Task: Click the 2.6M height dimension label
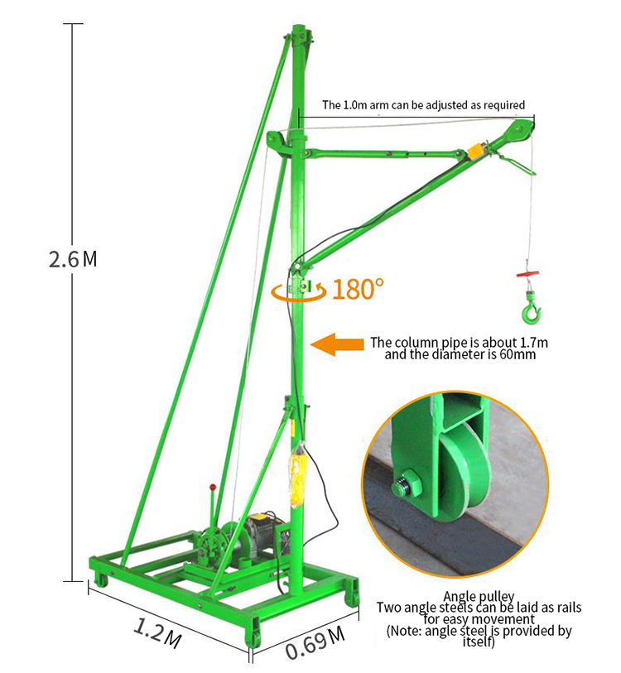tap(72, 259)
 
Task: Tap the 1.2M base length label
tap(157, 630)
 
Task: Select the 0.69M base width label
tap(315, 645)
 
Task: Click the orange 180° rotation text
tap(359, 289)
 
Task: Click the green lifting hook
tap(530, 310)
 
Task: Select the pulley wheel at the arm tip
tap(522, 132)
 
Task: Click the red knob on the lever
tap(213, 488)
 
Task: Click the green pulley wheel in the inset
tap(465, 475)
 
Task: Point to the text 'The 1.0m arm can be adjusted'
tap(423, 105)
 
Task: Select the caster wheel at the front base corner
tap(253, 637)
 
